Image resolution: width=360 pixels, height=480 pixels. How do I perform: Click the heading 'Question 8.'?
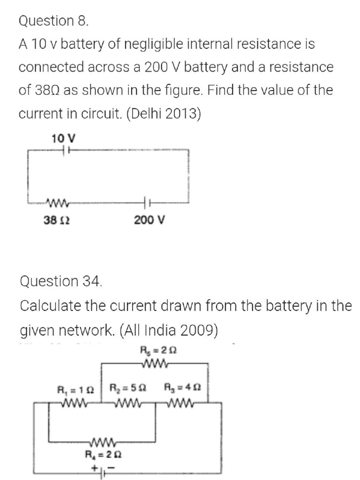[x=53, y=21]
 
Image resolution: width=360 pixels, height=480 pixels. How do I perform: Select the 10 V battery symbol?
[x=66, y=150]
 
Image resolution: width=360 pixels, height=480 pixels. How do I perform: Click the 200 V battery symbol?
[x=146, y=203]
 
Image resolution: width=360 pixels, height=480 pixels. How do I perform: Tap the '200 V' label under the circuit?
[x=149, y=219]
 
